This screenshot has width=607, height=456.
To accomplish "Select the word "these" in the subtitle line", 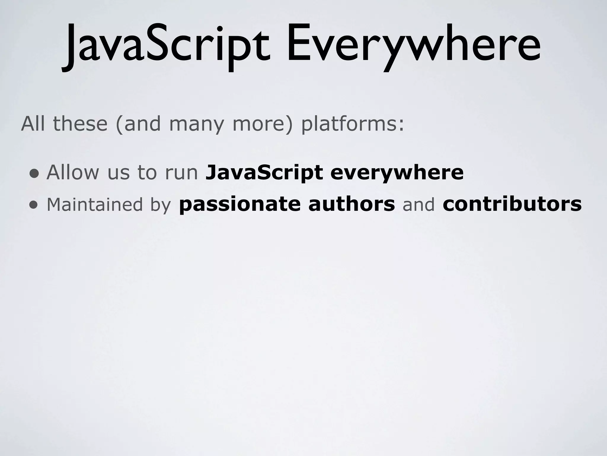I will pos(80,124).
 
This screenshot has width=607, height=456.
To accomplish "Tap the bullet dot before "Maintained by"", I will pos(34,205).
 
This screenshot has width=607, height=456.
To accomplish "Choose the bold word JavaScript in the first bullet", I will pos(264,173).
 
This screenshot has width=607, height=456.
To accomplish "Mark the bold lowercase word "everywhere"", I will pos(397,173).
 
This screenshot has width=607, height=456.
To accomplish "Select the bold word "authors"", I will pos(352,204).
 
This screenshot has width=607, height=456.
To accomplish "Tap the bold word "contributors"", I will pos(512,204).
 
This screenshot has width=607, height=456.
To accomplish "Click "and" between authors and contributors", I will pos(418,204).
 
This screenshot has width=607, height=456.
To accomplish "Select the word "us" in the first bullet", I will pos(119,173).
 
